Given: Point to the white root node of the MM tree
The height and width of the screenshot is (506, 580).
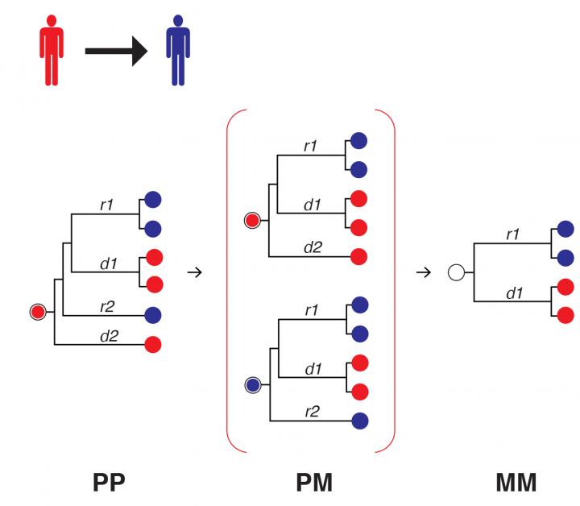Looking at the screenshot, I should pyautogui.click(x=457, y=272).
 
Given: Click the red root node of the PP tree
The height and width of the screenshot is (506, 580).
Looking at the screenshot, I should pyautogui.click(x=37, y=311).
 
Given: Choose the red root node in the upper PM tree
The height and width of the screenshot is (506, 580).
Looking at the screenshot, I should pyautogui.click(x=253, y=219).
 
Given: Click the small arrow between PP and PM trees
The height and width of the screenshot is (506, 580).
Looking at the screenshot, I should pyautogui.click(x=193, y=272).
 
